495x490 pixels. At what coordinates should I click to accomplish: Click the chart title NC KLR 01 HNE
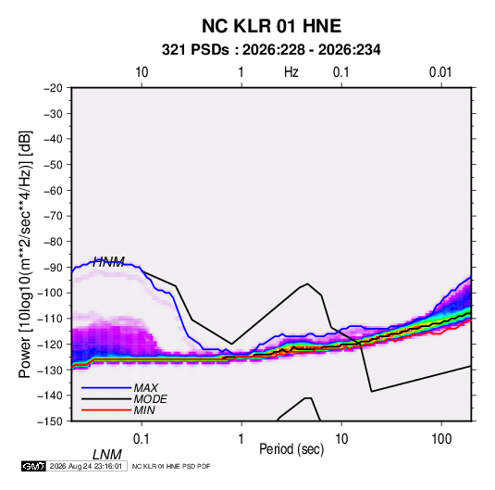coord(271,26)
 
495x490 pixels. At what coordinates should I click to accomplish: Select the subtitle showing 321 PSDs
coord(271,50)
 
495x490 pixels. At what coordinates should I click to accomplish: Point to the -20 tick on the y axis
coord(53,88)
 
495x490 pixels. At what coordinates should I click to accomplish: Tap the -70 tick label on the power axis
coord(53,216)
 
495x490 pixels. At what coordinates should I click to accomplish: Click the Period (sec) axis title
coord(291,449)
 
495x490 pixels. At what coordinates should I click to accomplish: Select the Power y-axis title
coord(25,255)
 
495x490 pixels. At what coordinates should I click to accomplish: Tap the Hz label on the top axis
coord(291,72)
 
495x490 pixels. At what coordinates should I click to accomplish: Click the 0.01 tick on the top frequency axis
coord(440,72)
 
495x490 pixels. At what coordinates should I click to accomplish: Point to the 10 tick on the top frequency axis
coord(142,72)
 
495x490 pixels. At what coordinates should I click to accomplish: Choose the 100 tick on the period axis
coord(441,439)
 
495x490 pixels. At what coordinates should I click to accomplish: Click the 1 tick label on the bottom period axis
coord(241,439)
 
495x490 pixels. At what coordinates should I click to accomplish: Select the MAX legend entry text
coord(146,388)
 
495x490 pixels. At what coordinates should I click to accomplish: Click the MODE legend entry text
coord(150,399)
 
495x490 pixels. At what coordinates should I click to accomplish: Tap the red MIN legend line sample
coord(106,410)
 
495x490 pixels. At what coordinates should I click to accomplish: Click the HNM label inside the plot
coord(108,262)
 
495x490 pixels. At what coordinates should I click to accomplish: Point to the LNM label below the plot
coord(107,455)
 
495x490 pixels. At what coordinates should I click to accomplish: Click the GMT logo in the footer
coord(34,466)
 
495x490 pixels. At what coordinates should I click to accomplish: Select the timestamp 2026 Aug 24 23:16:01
coord(86,466)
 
